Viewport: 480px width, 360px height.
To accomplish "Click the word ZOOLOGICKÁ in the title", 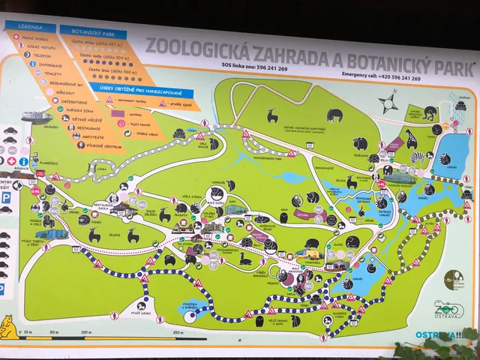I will pos(192,46).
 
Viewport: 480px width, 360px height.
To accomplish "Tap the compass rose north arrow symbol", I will pos(388,103).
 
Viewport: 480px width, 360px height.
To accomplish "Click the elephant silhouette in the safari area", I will pos(334,115).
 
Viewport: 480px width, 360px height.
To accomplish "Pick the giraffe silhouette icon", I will pos(410,138).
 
